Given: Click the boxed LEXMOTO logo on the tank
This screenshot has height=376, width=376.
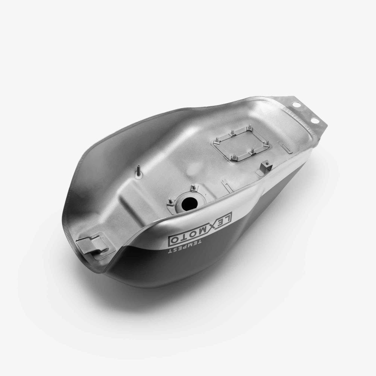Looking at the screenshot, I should click(x=200, y=229).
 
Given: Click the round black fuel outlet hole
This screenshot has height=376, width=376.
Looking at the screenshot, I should click(x=189, y=203).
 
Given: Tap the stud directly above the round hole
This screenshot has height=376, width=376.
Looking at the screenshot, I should click(x=193, y=187).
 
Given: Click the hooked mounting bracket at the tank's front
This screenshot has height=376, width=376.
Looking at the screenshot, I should click(x=91, y=245).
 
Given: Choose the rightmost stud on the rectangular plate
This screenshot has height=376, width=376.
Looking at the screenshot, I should click(x=266, y=144).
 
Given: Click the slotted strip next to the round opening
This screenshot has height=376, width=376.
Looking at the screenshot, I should click(x=227, y=185).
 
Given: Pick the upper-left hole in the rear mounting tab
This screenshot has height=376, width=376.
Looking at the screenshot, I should click(x=296, y=105).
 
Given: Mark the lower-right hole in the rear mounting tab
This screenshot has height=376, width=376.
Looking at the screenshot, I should click(x=314, y=120).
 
